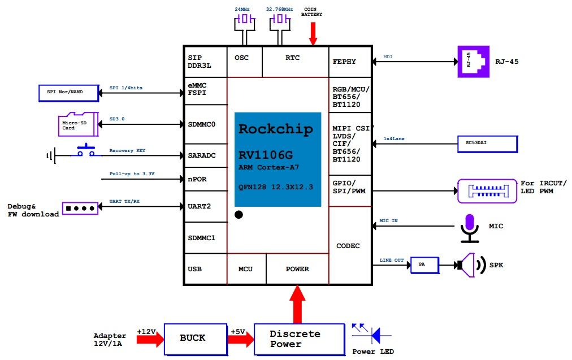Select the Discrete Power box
pos(299,339)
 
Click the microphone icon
pos(469,227)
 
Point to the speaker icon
pos(470,264)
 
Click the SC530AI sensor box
pos(487,144)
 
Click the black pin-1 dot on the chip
pos(239,215)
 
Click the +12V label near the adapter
pos(146,332)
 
